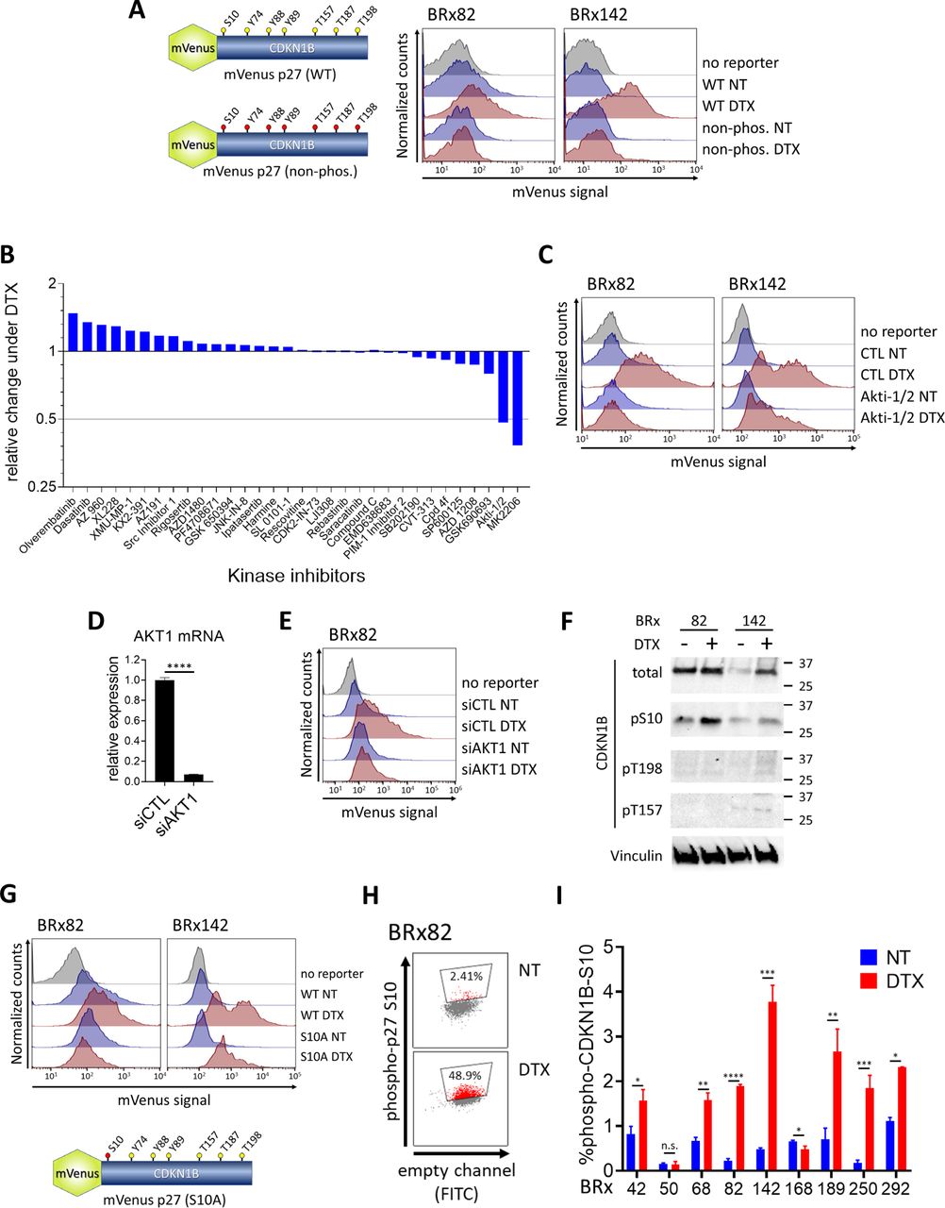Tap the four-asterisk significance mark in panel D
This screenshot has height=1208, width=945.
coord(177,667)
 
